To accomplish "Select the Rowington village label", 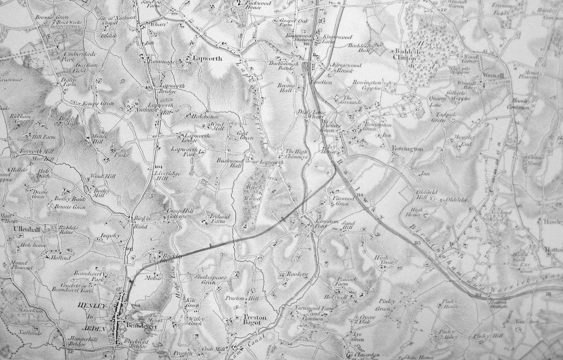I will (x=407, y=149).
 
